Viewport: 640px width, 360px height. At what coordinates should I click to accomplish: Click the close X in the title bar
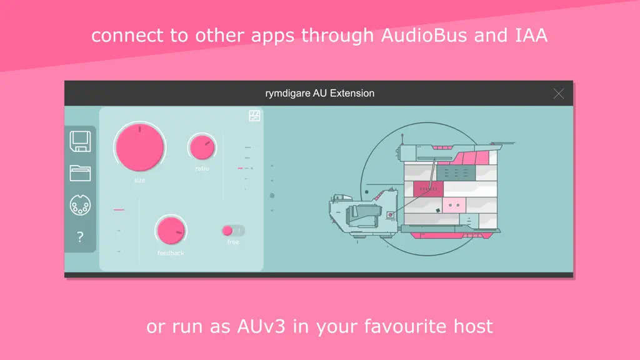(x=558, y=94)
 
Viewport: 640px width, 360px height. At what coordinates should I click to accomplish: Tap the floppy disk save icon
(x=80, y=141)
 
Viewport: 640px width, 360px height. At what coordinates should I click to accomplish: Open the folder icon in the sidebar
(x=80, y=173)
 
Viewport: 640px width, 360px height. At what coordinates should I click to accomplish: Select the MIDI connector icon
(x=80, y=205)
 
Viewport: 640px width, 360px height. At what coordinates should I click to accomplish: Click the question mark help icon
(x=80, y=237)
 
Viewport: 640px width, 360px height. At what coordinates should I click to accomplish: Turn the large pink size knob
(x=139, y=147)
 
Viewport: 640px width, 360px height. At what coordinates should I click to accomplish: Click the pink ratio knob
(x=202, y=147)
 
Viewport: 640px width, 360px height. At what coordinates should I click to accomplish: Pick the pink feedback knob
(x=171, y=231)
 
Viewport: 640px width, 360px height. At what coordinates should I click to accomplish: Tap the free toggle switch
(x=233, y=231)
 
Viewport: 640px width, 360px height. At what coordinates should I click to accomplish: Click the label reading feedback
(x=171, y=253)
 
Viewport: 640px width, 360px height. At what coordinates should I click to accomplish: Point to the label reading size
(x=139, y=180)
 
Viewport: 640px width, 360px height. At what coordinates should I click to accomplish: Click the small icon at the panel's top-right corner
(x=254, y=116)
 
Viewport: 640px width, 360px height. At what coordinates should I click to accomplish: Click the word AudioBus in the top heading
(x=424, y=35)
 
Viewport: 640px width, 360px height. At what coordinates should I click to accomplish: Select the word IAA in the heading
(x=531, y=35)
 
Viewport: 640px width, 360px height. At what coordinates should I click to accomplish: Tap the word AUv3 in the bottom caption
(x=261, y=326)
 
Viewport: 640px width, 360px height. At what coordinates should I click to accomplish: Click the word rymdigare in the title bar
(x=287, y=94)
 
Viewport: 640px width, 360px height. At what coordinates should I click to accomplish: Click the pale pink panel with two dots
(x=454, y=205)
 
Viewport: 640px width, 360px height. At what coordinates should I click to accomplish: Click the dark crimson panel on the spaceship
(x=428, y=189)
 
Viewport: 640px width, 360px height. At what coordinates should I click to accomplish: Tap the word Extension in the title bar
(x=352, y=94)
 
